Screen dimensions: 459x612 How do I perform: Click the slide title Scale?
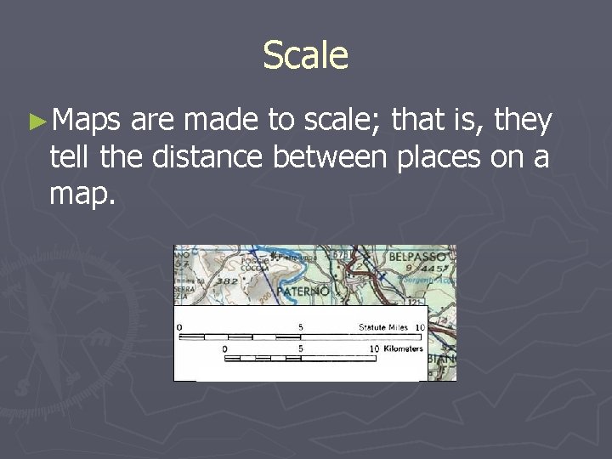(x=305, y=55)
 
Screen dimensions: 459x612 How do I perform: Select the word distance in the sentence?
(x=211, y=158)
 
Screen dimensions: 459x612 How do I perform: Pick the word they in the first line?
(x=523, y=122)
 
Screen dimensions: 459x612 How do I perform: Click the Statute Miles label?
(x=382, y=326)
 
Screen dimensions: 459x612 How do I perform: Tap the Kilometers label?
(x=402, y=349)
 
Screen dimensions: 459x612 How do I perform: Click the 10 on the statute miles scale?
(x=419, y=326)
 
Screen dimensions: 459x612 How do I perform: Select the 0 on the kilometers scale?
(x=225, y=349)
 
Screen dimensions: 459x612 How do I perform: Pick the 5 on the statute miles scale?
(x=301, y=326)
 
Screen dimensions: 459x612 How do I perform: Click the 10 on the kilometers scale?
(x=374, y=349)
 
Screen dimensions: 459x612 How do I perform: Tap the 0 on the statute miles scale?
(x=178, y=326)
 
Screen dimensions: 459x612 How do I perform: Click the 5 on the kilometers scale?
(x=301, y=349)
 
